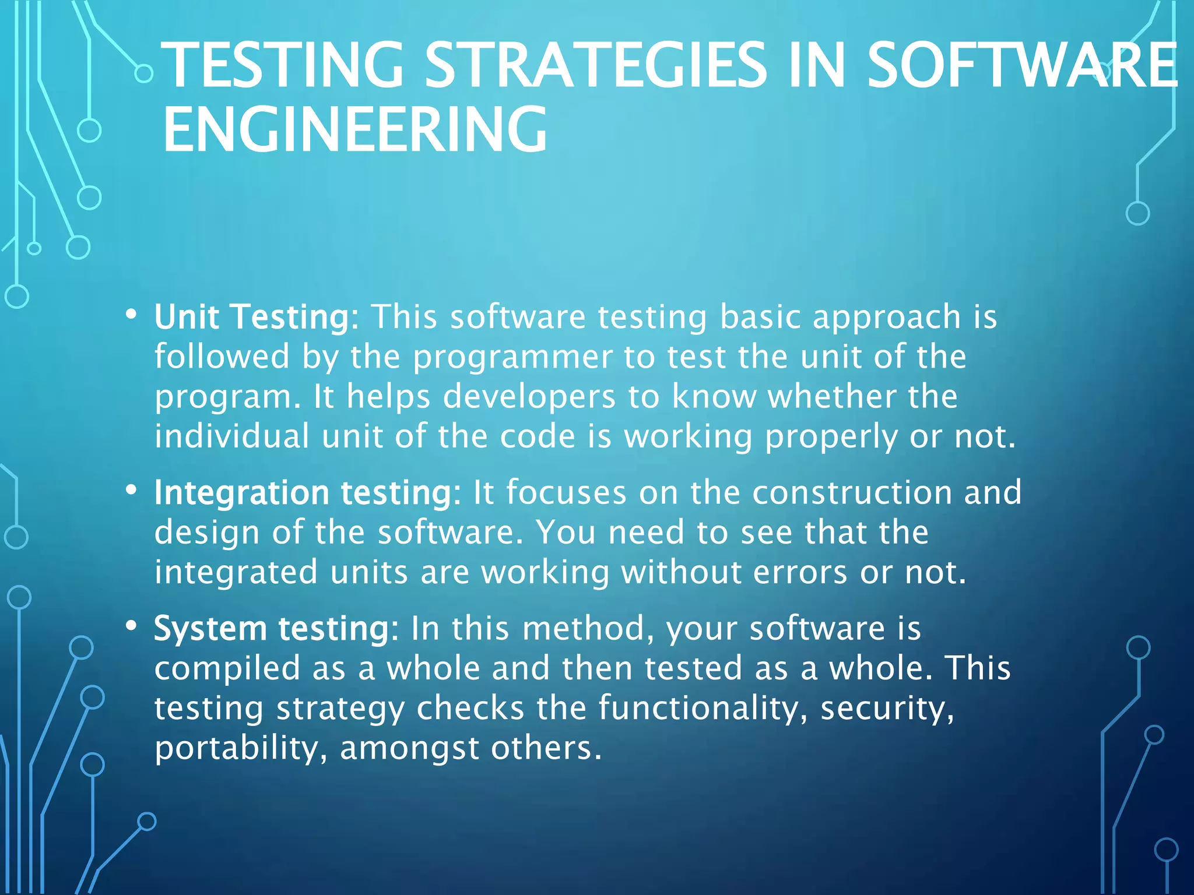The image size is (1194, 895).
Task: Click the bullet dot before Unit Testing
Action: coord(131,315)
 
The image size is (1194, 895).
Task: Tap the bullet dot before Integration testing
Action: coord(131,490)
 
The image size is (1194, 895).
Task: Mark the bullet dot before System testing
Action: coord(131,626)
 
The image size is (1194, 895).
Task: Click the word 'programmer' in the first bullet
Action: coord(512,358)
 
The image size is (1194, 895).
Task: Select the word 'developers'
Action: coord(529,397)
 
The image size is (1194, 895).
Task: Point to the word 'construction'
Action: coord(851,493)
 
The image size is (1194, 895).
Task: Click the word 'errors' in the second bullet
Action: coord(800,573)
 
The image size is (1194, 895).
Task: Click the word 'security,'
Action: coord(887,709)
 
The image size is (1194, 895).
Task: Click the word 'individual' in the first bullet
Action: coord(231,437)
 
